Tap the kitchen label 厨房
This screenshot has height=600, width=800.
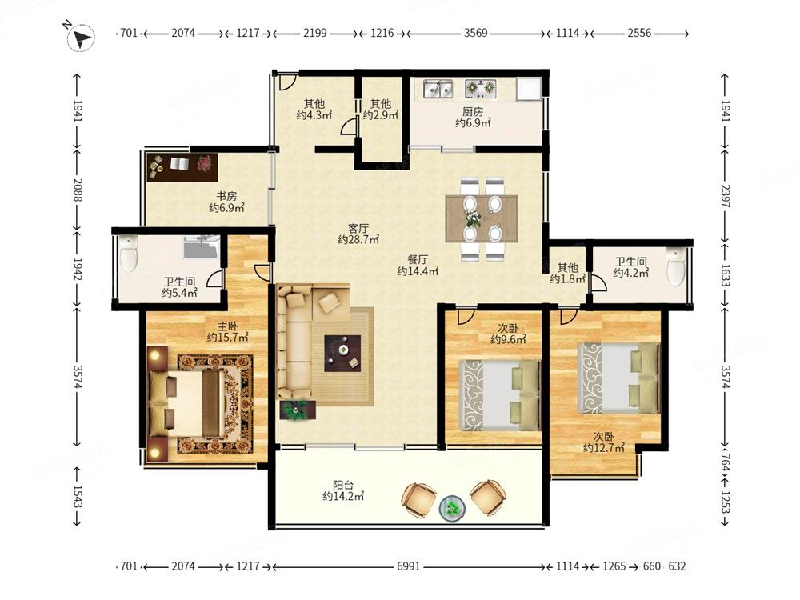point(473,111)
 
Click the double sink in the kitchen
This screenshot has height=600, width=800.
point(438,89)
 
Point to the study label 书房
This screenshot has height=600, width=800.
point(226,196)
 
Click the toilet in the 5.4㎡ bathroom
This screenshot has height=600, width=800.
point(128,253)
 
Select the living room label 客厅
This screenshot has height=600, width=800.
point(358,228)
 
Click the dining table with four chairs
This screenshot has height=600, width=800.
point(481,218)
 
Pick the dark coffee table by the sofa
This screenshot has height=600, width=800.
point(343,353)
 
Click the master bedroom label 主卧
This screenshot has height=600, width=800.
point(227,326)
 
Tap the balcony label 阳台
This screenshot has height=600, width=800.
point(343,485)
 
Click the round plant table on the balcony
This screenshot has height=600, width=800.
point(453,509)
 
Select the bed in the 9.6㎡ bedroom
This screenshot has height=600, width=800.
point(499,395)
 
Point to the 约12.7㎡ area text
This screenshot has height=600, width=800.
point(603,448)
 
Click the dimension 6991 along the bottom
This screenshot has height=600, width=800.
point(408,566)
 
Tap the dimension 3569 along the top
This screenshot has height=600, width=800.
point(475,33)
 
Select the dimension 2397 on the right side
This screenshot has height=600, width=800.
point(725,195)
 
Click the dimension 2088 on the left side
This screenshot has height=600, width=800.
point(77,190)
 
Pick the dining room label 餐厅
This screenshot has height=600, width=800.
point(418,260)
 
